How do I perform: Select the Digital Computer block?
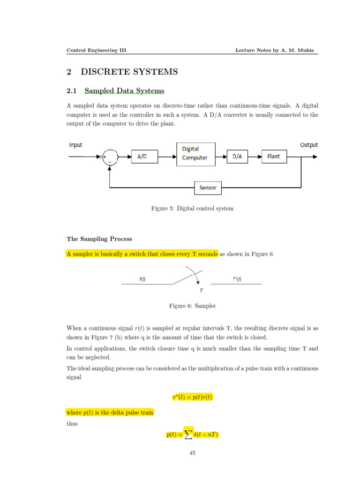click(196, 154)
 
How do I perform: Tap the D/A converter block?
click(237, 157)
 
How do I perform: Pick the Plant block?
click(273, 157)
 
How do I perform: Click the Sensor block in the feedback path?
click(208, 188)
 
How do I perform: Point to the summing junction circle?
click(110, 157)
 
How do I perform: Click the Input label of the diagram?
click(75, 145)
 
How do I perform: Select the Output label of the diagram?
click(308, 145)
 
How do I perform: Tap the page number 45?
click(192, 453)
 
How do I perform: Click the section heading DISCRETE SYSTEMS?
click(129, 72)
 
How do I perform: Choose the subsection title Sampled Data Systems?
click(124, 90)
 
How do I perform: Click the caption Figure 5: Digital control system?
click(192, 209)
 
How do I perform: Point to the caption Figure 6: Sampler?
click(192, 306)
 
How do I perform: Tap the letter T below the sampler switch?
click(201, 290)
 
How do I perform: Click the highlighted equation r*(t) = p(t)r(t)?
click(192, 398)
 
